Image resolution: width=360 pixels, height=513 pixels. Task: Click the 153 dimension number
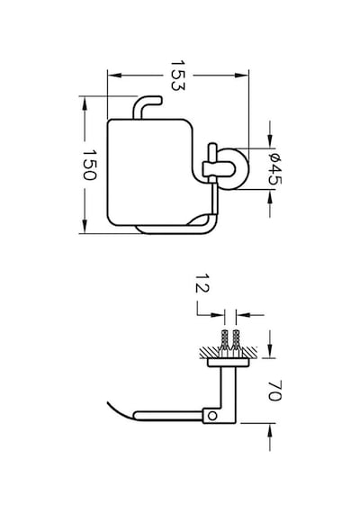click(177, 76)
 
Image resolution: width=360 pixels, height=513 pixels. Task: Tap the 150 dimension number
click(89, 165)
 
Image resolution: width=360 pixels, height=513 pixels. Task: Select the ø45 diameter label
click(274, 168)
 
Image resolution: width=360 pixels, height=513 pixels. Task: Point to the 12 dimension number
click(202, 283)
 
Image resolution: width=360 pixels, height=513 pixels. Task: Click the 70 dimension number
click(274, 391)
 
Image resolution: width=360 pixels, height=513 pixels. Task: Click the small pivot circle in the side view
click(212, 416)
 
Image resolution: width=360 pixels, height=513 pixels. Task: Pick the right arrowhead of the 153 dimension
click(242, 76)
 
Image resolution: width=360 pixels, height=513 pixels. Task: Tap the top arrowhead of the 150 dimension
click(85, 103)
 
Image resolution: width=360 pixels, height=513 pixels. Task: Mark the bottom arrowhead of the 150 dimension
click(85, 227)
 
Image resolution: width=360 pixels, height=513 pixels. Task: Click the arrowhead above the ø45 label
click(270, 141)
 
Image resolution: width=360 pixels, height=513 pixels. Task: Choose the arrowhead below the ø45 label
click(270, 197)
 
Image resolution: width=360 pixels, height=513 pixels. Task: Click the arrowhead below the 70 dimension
click(270, 430)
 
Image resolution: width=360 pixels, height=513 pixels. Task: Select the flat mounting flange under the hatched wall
click(228, 362)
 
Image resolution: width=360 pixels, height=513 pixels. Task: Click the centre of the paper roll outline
click(150, 172)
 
